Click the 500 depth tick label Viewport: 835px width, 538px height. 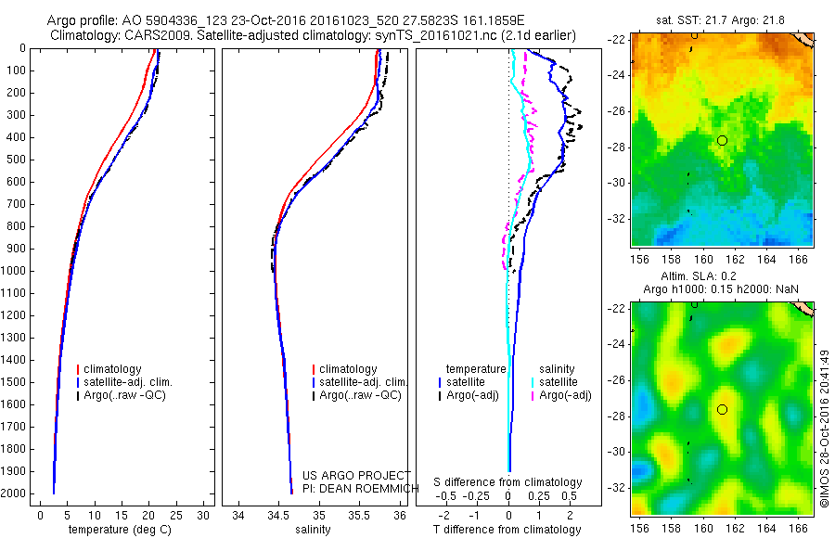click(x=18, y=160)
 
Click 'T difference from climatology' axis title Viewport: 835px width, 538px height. click(x=507, y=530)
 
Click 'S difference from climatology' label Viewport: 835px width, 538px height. click(x=507, y=482)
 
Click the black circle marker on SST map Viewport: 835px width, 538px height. click(x=722, y=140)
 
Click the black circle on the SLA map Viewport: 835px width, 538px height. click(x=722, y=409)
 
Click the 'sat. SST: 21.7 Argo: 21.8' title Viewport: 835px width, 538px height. click(x=722, y=19)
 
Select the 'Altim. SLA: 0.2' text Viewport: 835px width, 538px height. click(x=722, y=277)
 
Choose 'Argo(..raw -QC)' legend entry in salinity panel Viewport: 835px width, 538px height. click(x=360, y=395)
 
